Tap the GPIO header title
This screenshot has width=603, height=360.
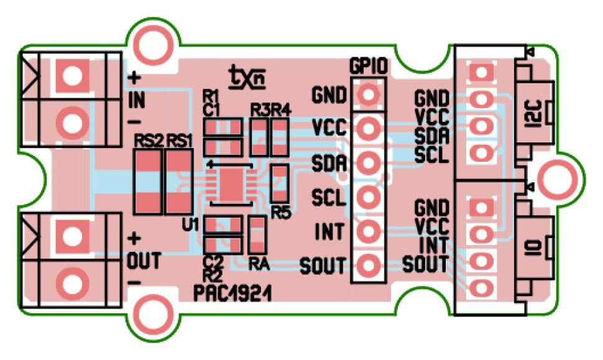pyautogui.click(x=369, y=65)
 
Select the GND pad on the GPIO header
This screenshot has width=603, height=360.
pyautogui.click(x=369, y=95)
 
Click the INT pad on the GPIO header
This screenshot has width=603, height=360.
pyautogui.click(x=369, y=231)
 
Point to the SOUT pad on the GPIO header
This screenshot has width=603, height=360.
pyautogui.click(x=369, y=265)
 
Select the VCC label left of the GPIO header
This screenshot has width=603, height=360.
pyautogui.click(x=329, y=129)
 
